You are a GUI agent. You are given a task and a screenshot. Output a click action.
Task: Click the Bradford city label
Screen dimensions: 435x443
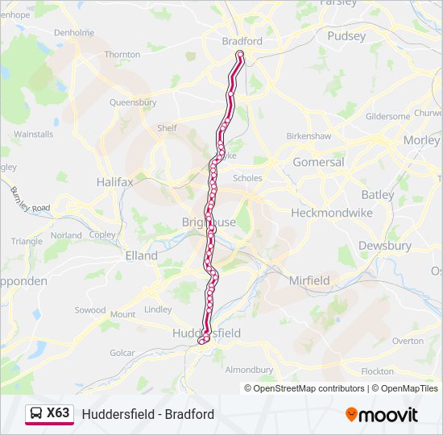[x=242, y=41]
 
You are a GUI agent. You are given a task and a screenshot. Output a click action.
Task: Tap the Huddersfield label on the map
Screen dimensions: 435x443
[x=206, y=333]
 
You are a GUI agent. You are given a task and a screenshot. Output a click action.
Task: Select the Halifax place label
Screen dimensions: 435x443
[x=114, y=182]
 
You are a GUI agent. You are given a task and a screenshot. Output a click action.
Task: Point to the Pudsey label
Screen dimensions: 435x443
[x=346, y=35]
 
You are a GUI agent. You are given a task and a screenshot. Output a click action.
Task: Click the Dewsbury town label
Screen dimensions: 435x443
[x=384, y=246]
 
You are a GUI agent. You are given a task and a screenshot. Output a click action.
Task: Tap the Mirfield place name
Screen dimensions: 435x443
[x=309, y=280]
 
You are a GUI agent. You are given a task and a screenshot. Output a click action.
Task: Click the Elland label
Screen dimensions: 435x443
[x=142, y=255]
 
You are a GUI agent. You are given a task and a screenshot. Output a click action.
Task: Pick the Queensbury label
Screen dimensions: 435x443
[x=133, y=102]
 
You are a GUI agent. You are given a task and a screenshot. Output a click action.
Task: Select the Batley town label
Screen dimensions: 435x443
[x=378, y=194]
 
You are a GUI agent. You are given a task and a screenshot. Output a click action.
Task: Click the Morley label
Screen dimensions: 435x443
[x=421, y=139]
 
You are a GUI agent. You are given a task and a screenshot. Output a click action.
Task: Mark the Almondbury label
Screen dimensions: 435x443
[x=249, y=370]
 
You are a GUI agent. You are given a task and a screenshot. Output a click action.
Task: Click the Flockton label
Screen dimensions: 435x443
[x=378, y=371]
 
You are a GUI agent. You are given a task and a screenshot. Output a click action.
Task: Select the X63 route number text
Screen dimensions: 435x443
[x=58, y=413]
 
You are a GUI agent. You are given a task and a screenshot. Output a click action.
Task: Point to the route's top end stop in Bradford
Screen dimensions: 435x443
[x=240, y=55]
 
